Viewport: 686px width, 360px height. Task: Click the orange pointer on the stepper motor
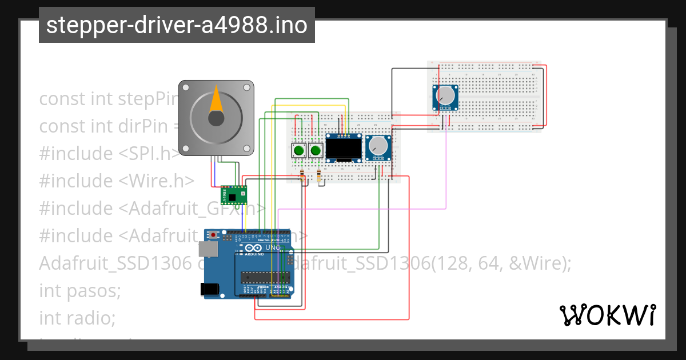(x=216, y=99)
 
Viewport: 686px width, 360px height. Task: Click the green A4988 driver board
(x=234, y=195)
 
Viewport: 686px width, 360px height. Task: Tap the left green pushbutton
(x=298, y=151)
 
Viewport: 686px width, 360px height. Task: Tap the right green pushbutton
(x=314, y=151)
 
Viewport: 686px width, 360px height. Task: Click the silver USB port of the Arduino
(x=208, y=249)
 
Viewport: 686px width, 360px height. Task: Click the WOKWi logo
(x=607, y=315)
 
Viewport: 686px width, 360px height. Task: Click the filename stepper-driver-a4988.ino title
(x=177, y=25)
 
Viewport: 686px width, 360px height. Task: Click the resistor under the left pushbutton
(x=302, y=175)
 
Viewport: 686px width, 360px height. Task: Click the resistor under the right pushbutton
(x=319, y=175)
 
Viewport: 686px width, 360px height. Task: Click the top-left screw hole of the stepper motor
(x=185, y=87)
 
